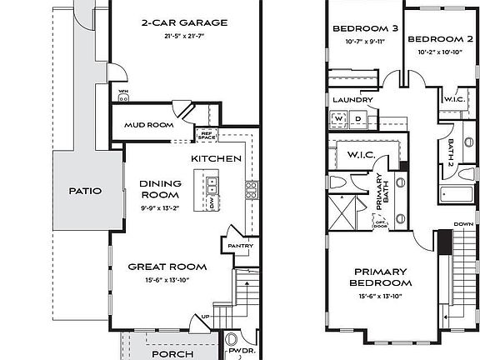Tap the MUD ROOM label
click(x=148, y=125)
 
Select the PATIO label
click(x=85, y=191)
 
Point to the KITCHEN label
click(x=217, y=158)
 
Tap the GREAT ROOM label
click(x=167, y=267)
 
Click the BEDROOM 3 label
click(x=365, y=28)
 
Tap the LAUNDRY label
click(x=352, y=100)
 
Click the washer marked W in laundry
click(x=339, y=119)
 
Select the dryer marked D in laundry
click(x=358, y=119)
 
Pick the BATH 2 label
click(x=450, y=152)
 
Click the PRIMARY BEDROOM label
click(x=380, y=277)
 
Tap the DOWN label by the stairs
click(x=462, y=223)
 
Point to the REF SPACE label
click(x=205, y=134)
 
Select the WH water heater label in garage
click(x=123, y=91)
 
